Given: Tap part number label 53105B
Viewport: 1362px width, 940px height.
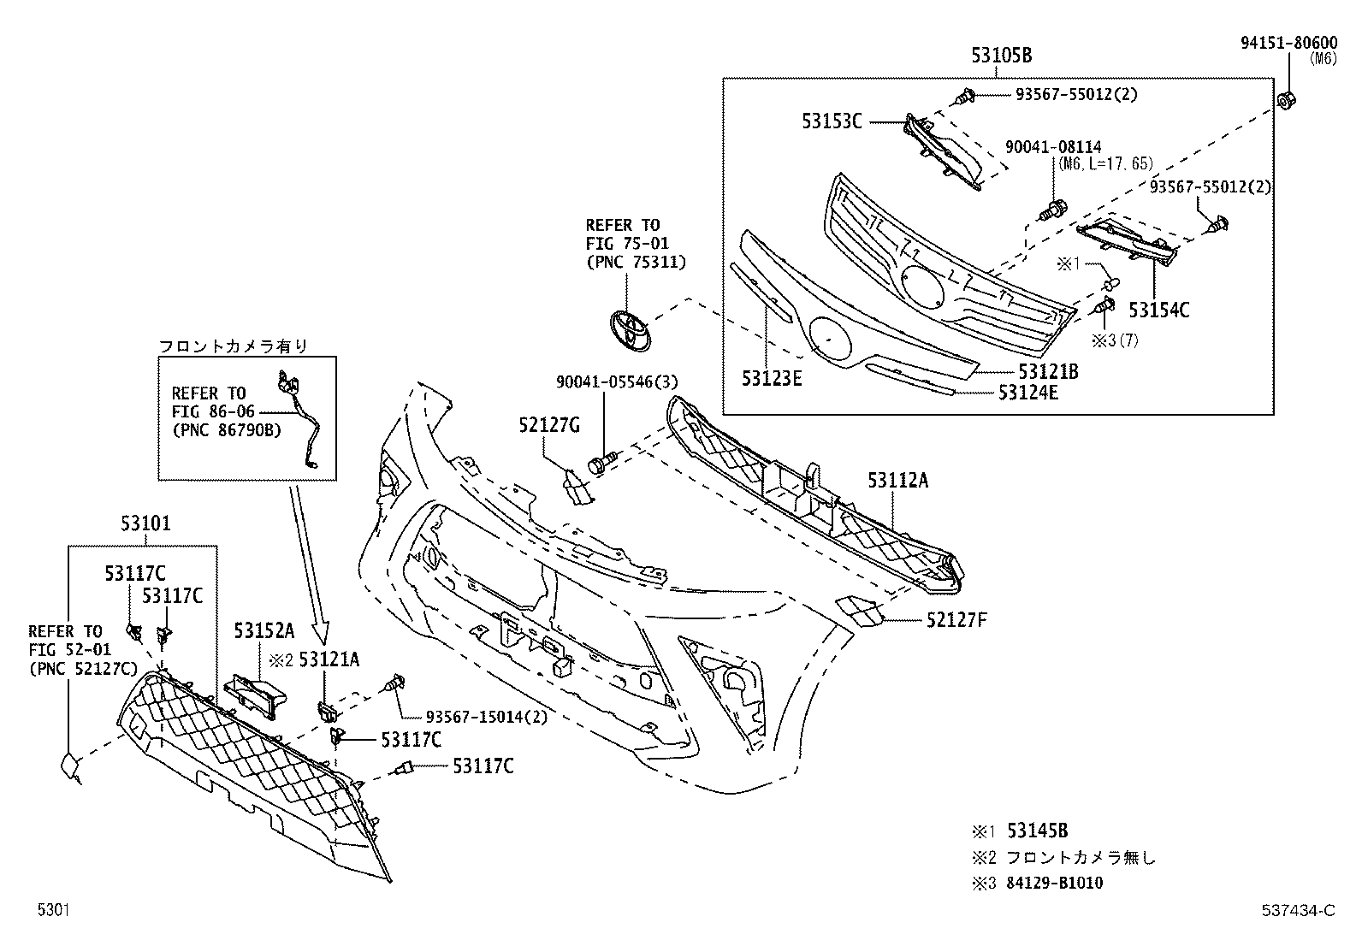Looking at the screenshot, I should click(x=1001, y=56).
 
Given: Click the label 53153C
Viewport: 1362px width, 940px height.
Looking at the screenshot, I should click(x=832, y=122).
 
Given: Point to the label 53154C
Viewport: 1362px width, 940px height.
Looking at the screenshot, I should click(x=1158, y=310).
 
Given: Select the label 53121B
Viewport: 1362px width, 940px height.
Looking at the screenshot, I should click(x=1048, y=372).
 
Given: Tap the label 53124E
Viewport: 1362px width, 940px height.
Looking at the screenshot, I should click(x=1027, y=393).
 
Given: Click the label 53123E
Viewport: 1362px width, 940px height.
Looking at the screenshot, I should click(x=772, y=378).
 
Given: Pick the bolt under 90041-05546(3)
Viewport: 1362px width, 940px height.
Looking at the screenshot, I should click(x=601, y=464).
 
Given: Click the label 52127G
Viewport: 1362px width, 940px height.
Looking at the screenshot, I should click(x=549, y=424).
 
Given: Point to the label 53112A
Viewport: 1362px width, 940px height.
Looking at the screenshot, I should click(x=897, y=481).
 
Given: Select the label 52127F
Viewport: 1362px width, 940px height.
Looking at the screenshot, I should click(x=956, y=619).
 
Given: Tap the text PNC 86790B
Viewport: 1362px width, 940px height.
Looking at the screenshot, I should click(x=227, y=429).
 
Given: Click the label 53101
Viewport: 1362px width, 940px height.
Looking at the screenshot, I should click(x=145, y=523).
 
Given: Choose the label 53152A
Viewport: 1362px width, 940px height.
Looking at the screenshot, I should click(x=264, y=631).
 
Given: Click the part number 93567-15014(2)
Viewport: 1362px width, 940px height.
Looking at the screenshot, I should click(x=486, y=717).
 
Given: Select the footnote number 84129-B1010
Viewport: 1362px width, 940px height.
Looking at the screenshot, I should click(x=1055, y=883).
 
